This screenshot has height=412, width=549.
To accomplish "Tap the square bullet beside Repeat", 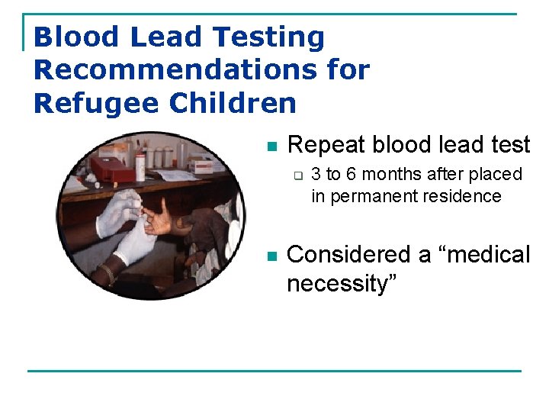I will [x=270, y=146].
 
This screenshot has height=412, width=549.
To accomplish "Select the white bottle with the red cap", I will [x=140, y=165].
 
